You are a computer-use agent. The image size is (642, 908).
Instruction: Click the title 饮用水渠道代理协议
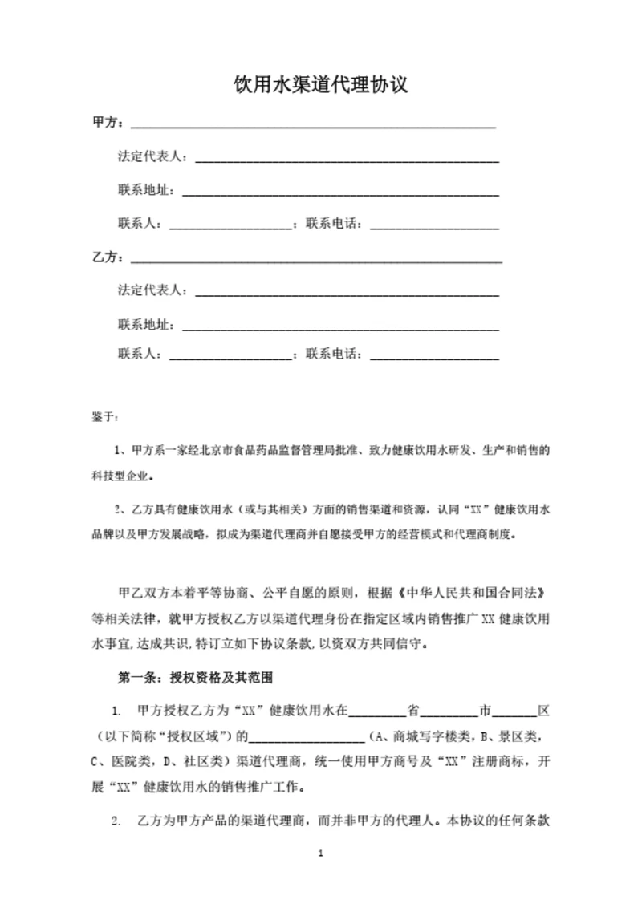pyautogui.click(x=320, y=85)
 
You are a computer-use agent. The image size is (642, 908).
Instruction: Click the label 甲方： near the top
pyautogui.click(x=108, y=124)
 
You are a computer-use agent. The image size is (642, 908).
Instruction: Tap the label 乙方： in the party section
pyautogui.click(x=108, y=258)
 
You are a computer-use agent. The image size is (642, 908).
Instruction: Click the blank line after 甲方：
pyautogui.click(x=313, y=126)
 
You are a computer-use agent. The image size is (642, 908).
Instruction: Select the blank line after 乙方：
pyautogui.click(x=316, y=261)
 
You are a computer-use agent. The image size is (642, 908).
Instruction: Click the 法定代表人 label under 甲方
pyautogui.click(x=151, y=156)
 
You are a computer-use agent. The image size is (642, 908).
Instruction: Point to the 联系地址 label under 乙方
pyautogui.click(x=145, y=325)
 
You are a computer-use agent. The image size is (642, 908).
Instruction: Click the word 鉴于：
pyautogui.click(x=105, y=417)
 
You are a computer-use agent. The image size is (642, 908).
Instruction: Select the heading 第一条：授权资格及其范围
pyautogui.click(x=196, y=677)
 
